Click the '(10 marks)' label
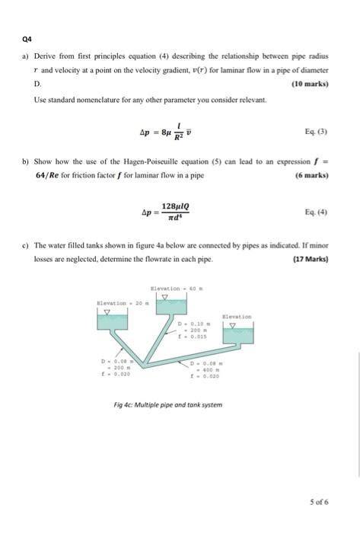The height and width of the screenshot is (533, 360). (309, 84)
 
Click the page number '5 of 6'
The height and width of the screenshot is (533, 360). (320, 502)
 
